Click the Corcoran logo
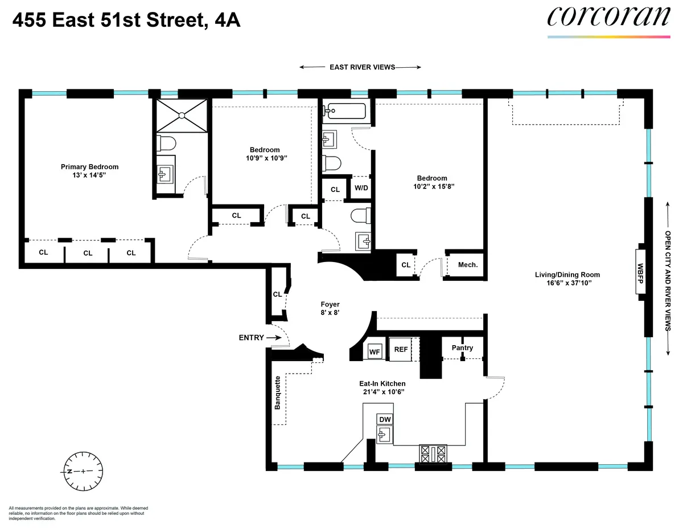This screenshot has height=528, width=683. tap(608, 17)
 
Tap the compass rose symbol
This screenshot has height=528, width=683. tap(83, 471)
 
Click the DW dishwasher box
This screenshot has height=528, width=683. tap(385, 419)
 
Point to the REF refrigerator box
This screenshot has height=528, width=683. tap(401, 349)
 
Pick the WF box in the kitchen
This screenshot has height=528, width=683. tap(375, 351)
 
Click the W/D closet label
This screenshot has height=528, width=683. tap(361, 187)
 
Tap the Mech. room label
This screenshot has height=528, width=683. tap(467, 264)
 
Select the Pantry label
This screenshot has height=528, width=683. tap(462, 347)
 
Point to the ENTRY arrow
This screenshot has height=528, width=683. tap(275, 338)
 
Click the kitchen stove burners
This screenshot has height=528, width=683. tap(434, 454)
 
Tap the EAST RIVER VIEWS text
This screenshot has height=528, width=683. tap(362, 67)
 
